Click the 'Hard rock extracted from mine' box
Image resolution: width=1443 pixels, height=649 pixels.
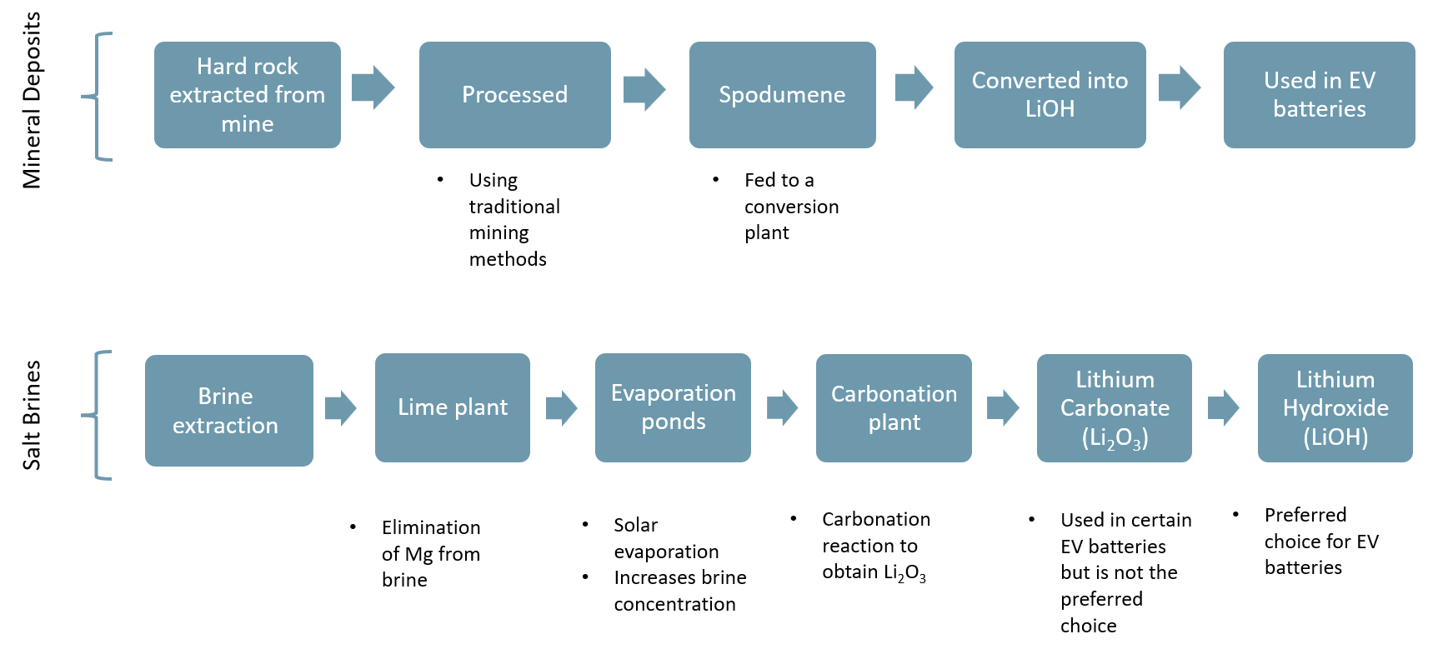point(247,95)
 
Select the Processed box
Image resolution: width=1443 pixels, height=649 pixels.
point(514,95)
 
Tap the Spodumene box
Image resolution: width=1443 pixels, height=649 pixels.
point(782,95)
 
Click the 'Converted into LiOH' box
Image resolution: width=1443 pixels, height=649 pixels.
point(1050,95)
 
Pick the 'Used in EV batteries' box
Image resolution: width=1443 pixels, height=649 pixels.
point(1319,95)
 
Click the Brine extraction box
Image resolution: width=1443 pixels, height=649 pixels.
point(228,410)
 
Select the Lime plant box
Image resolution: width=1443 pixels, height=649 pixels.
point(452,407)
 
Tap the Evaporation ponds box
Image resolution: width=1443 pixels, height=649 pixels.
point(673,407)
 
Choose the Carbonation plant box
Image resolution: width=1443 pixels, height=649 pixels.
point(894,407)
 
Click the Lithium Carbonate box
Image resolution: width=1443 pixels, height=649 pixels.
point(1114,407)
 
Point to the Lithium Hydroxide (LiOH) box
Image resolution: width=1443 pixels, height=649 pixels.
point(1335,407)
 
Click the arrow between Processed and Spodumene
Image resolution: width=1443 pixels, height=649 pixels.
point(644,88)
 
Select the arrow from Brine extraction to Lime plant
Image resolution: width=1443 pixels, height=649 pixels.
point(340,408)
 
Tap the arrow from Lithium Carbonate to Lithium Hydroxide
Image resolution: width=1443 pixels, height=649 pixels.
point(1223,408)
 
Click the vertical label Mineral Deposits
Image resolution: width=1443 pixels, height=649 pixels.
point(32,100)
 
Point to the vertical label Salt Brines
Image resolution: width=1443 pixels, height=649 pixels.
point(32,415)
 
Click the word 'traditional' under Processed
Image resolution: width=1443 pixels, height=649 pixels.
point(514,207)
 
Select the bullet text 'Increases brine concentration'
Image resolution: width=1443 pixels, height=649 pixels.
point(679,591)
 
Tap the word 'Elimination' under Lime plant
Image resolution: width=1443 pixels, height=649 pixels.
point(431,527)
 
